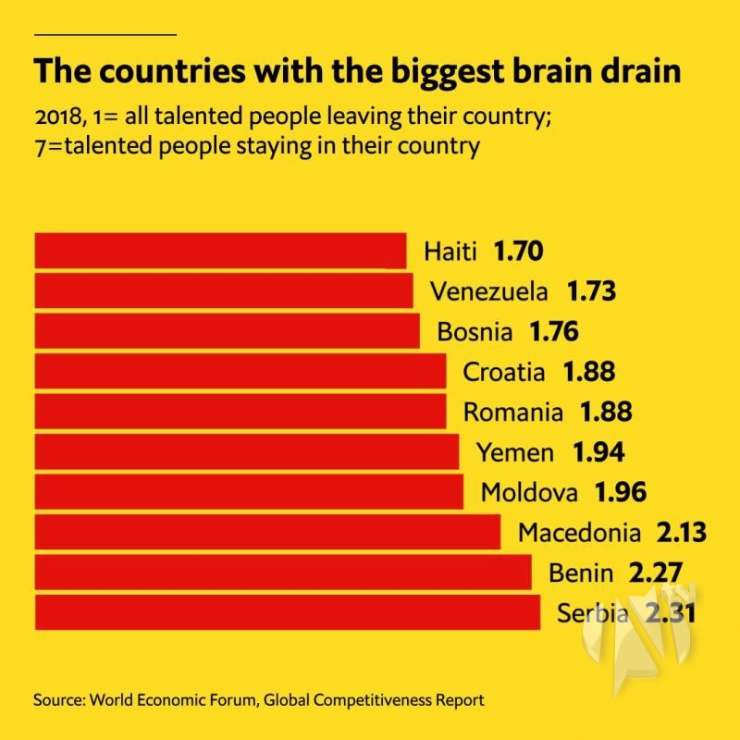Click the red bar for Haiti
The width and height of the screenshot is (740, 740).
pyautogui.click(x=220, y=251)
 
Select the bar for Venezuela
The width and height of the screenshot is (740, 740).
pyautogui.click(x=224, y=290)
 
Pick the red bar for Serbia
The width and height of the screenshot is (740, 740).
pyautogui.click(x=287, y=612)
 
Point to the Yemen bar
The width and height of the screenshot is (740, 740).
pyautogui.click(x=246, y=451)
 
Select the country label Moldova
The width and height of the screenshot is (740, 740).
pyautogui.click(x=528, y=492)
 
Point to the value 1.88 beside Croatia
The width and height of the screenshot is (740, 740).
pyautogui.click(x=588, y=372)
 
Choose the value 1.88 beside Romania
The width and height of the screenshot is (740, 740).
pyautogui.click(x=605, y=412)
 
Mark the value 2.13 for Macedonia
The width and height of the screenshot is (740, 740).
pyautogui.click(x=680, y=533)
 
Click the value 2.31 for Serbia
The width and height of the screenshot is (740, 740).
pyautogui.click(x=667, y=612)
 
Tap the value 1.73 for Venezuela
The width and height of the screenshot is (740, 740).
pyautogui.click(x=591, y=291)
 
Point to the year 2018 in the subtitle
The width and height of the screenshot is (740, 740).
pyautogui.click(x=58, y=119)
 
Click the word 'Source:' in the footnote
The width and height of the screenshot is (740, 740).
pyautogui.click(x=58, y=699)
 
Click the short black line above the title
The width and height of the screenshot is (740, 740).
pyautogui.click(x=105, y=34)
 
